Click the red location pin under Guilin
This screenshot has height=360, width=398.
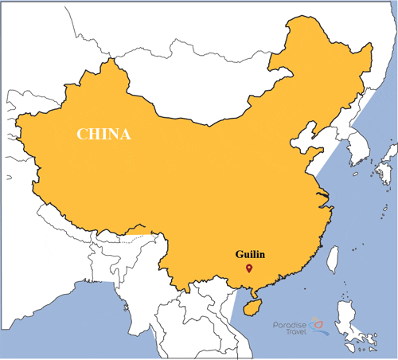249,269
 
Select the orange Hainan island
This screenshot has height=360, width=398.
252,306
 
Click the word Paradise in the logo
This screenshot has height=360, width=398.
289,325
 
